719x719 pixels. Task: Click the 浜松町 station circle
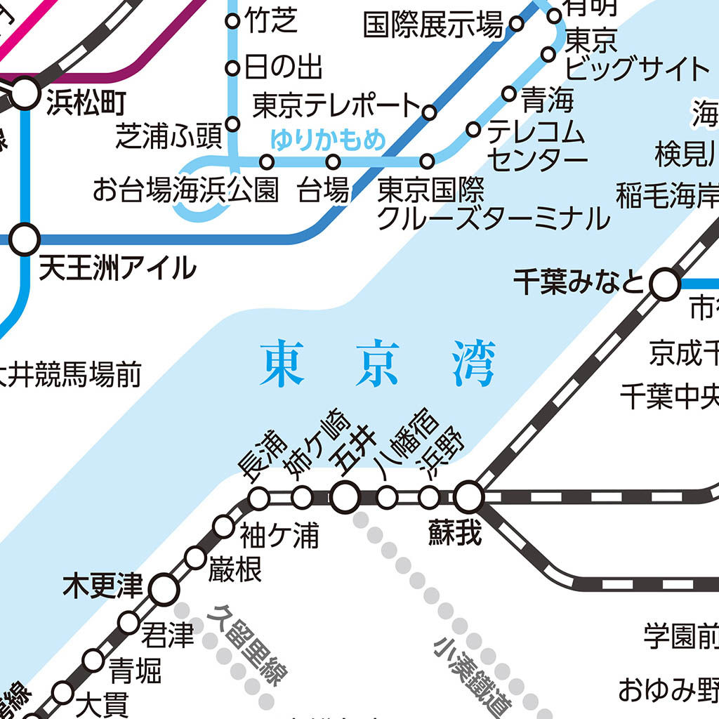click(25, 93)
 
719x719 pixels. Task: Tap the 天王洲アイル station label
click(117, 268)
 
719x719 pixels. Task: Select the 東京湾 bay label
click(378, 364)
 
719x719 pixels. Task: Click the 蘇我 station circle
click(468, 497)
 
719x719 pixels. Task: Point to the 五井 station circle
click(345, 497)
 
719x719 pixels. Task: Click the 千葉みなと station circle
click(664, 285)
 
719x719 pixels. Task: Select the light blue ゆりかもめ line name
click(329, 140)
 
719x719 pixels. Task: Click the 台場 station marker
click(334, 162)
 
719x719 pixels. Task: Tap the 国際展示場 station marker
click(516, 25)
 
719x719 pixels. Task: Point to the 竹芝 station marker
click(232, 21)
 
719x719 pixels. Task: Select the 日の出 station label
click(283, 68)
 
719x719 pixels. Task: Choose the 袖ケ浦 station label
click(279, 536)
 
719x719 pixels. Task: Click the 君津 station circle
click(129, 622)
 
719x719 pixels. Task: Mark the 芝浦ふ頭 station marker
click(232, 124)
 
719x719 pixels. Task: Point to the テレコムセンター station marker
click(473, 129)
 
